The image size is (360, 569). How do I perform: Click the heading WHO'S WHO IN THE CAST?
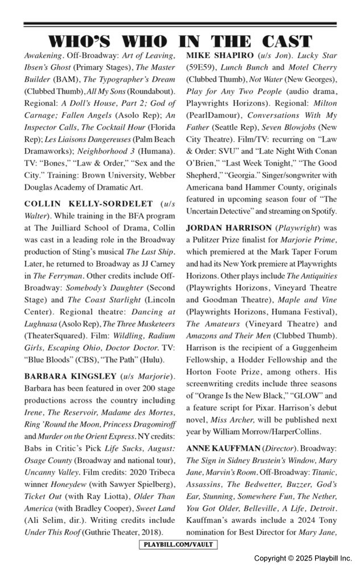click(180, 41)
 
